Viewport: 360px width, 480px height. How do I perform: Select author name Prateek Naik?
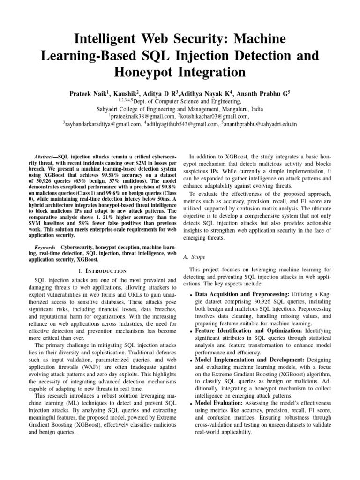[x=91, y=93]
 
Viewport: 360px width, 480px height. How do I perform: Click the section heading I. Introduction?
[x=102, y=271]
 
